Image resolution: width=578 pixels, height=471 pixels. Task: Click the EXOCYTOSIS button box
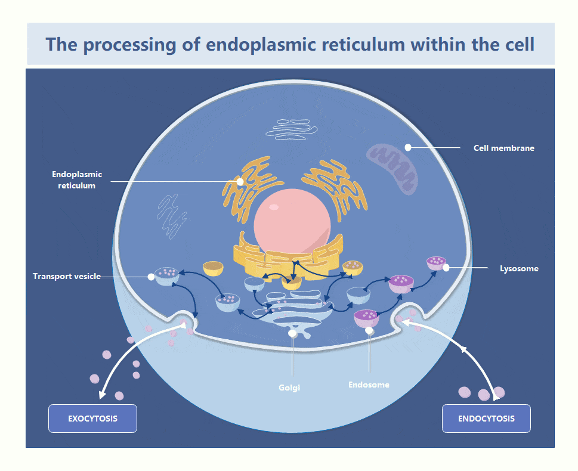point(92,419)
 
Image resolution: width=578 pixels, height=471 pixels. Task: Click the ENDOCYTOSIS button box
point(486,419)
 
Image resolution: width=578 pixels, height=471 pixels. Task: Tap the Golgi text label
point(289,388)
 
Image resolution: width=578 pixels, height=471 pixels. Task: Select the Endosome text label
point(369,385)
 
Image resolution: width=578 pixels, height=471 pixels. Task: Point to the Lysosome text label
point(519,268)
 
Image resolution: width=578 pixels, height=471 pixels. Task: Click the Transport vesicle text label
point(66,276)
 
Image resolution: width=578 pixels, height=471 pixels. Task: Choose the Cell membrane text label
point(503,148)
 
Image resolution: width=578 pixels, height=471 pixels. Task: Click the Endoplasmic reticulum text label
point(77,180)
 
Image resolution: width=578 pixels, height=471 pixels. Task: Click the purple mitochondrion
point(391,167)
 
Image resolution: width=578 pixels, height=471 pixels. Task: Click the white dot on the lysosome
point(446,268)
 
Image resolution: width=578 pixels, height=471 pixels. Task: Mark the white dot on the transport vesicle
point(152,276)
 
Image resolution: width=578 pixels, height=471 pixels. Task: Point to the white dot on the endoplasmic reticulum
point(240,181)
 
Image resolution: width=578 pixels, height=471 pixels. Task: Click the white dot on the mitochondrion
point(408,147)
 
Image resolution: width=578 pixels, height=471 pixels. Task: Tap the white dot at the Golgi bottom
point(292,334)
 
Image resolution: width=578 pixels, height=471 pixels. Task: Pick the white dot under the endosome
point(369,330)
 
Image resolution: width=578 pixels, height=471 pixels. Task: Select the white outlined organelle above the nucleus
point(292,128)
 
